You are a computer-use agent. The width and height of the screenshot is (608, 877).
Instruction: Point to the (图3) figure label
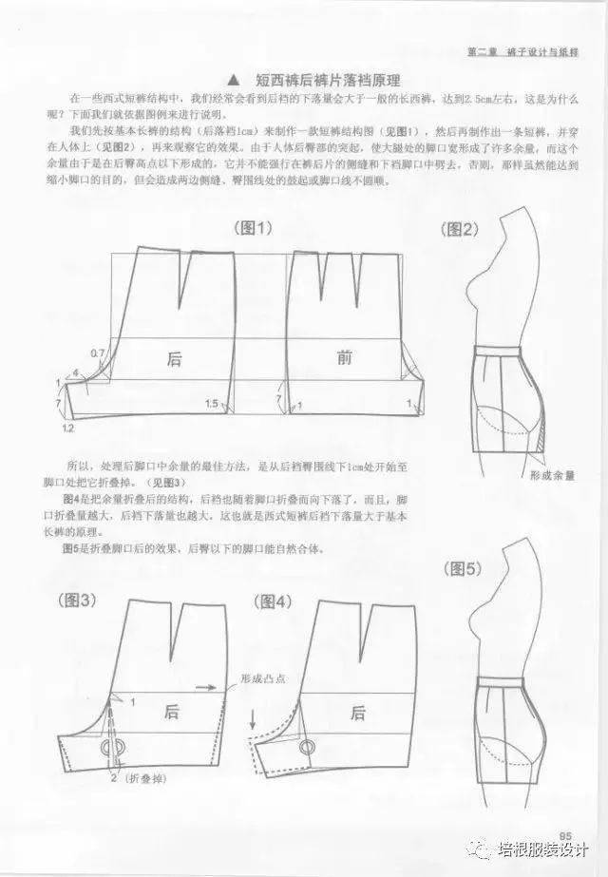point(81,601)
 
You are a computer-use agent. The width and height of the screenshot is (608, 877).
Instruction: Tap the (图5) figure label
point(464,569)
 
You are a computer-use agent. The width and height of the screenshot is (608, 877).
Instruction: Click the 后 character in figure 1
point(174,358)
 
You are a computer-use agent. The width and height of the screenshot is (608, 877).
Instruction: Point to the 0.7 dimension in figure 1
point(98,353)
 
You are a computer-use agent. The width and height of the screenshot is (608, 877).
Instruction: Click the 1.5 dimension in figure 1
point(214,404)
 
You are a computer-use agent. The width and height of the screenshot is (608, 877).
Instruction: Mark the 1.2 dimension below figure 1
point(67,429)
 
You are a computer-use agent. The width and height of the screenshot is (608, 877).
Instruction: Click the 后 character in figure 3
point(172,712)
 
